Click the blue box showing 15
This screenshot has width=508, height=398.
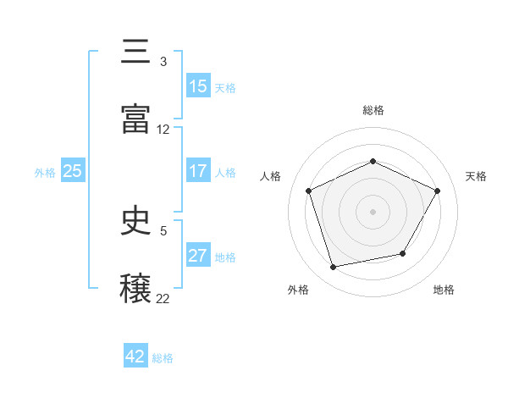pos(198,86)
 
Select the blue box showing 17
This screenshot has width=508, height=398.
pos(198,171)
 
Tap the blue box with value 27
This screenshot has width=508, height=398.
pos(198,256)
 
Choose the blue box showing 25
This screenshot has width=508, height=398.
pos(73,171)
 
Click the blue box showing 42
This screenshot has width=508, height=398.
pos(135,357)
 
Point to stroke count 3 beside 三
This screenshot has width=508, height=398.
pos(163,62)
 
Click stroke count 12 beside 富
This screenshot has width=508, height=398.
pos(163,130)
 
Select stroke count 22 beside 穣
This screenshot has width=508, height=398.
pos(163,298)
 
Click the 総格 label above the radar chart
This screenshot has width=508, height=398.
pos(373,110)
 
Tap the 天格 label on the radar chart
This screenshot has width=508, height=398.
pos(476,176)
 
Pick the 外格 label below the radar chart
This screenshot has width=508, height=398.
pos(298,290)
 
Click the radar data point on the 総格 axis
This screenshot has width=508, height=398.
pos(373,161)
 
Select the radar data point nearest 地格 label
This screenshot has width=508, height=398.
pos(403,253)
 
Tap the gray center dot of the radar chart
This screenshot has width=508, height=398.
pos(373,211)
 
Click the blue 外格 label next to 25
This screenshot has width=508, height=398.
pos(45,172)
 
